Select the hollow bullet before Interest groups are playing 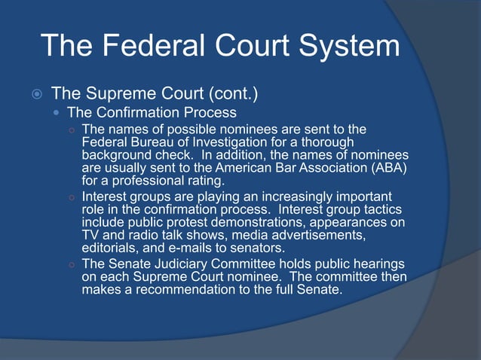(x=71, y=197)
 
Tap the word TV (x=90, y=236)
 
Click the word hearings (x=379, y=264)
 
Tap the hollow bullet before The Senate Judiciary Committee (x=71, y=264)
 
